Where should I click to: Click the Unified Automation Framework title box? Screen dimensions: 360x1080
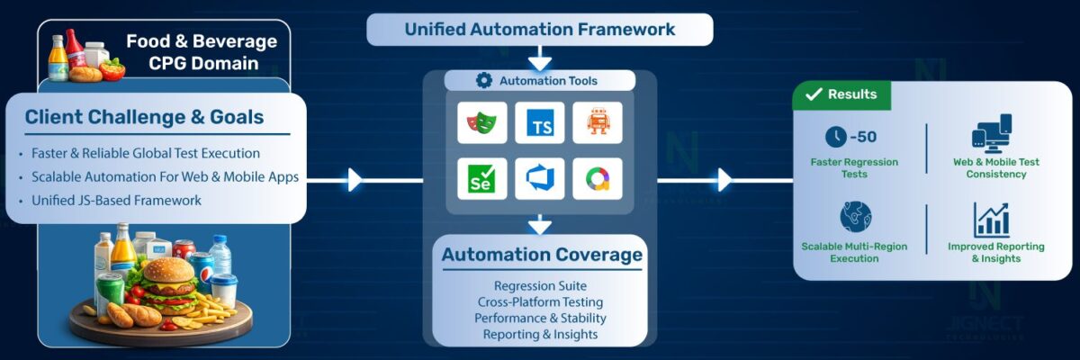[x=539, y=29]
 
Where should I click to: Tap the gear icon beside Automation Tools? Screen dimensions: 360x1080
[x=483, y=81]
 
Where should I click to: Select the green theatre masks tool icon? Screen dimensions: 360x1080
[x=481, y=121]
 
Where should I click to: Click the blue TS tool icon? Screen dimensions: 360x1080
[x=540, y=121]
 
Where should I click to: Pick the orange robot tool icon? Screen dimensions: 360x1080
[x=598, y=121]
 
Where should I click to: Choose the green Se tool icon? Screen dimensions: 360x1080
[x=481, y=179]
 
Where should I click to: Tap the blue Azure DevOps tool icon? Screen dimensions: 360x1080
[x=540, y=179]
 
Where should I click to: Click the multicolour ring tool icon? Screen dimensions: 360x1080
[x=598, y=179]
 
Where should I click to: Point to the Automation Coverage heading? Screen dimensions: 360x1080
[x=542, y=255]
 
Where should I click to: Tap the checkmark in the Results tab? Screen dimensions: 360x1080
[x=814, y=94]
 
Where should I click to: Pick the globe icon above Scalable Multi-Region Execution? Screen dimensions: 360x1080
[x=854, y=217]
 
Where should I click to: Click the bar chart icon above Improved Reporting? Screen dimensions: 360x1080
[x=991, y=220]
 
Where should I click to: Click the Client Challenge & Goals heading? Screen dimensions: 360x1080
[x=144, y=117]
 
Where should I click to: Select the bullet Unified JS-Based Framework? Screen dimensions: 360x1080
[x=116, y=200]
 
